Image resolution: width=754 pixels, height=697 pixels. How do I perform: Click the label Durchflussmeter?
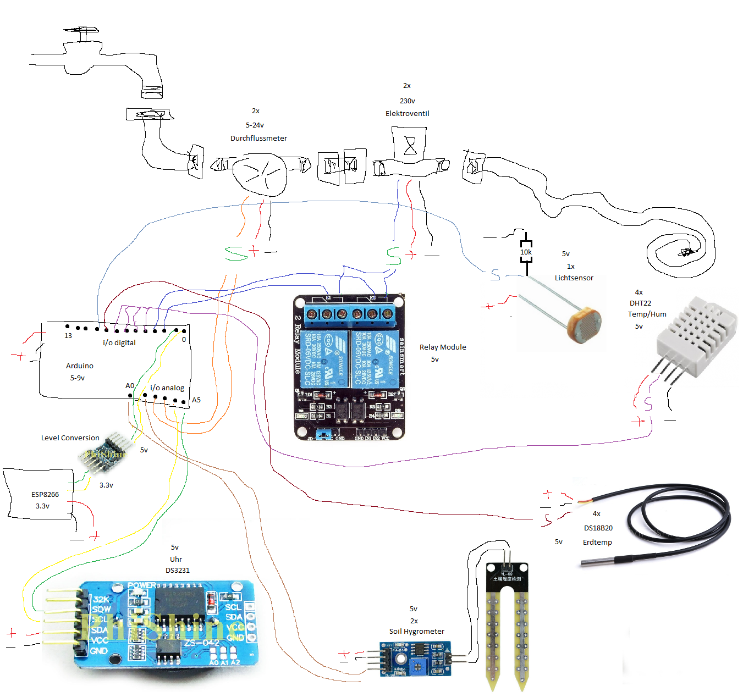258,139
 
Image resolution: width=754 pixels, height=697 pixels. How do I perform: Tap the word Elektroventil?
407,114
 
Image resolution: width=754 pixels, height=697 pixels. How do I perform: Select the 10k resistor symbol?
526,252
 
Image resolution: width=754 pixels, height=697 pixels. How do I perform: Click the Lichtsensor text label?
574,278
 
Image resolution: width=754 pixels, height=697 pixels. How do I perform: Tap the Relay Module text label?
442,347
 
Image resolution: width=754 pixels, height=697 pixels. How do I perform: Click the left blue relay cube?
328,358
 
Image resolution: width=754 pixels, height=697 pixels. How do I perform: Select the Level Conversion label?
70,438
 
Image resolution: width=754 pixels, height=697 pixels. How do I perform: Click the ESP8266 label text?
45,495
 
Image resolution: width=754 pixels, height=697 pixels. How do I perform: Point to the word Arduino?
80,366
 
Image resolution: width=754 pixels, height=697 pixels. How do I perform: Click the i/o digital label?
119,343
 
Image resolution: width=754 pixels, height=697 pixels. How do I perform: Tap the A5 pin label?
196,400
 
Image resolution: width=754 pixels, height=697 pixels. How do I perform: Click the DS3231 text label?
177,571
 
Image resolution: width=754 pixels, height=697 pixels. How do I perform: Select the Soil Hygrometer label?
416,632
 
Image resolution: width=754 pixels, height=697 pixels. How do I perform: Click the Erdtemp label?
597,543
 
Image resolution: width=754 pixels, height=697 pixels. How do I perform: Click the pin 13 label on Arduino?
68,336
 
